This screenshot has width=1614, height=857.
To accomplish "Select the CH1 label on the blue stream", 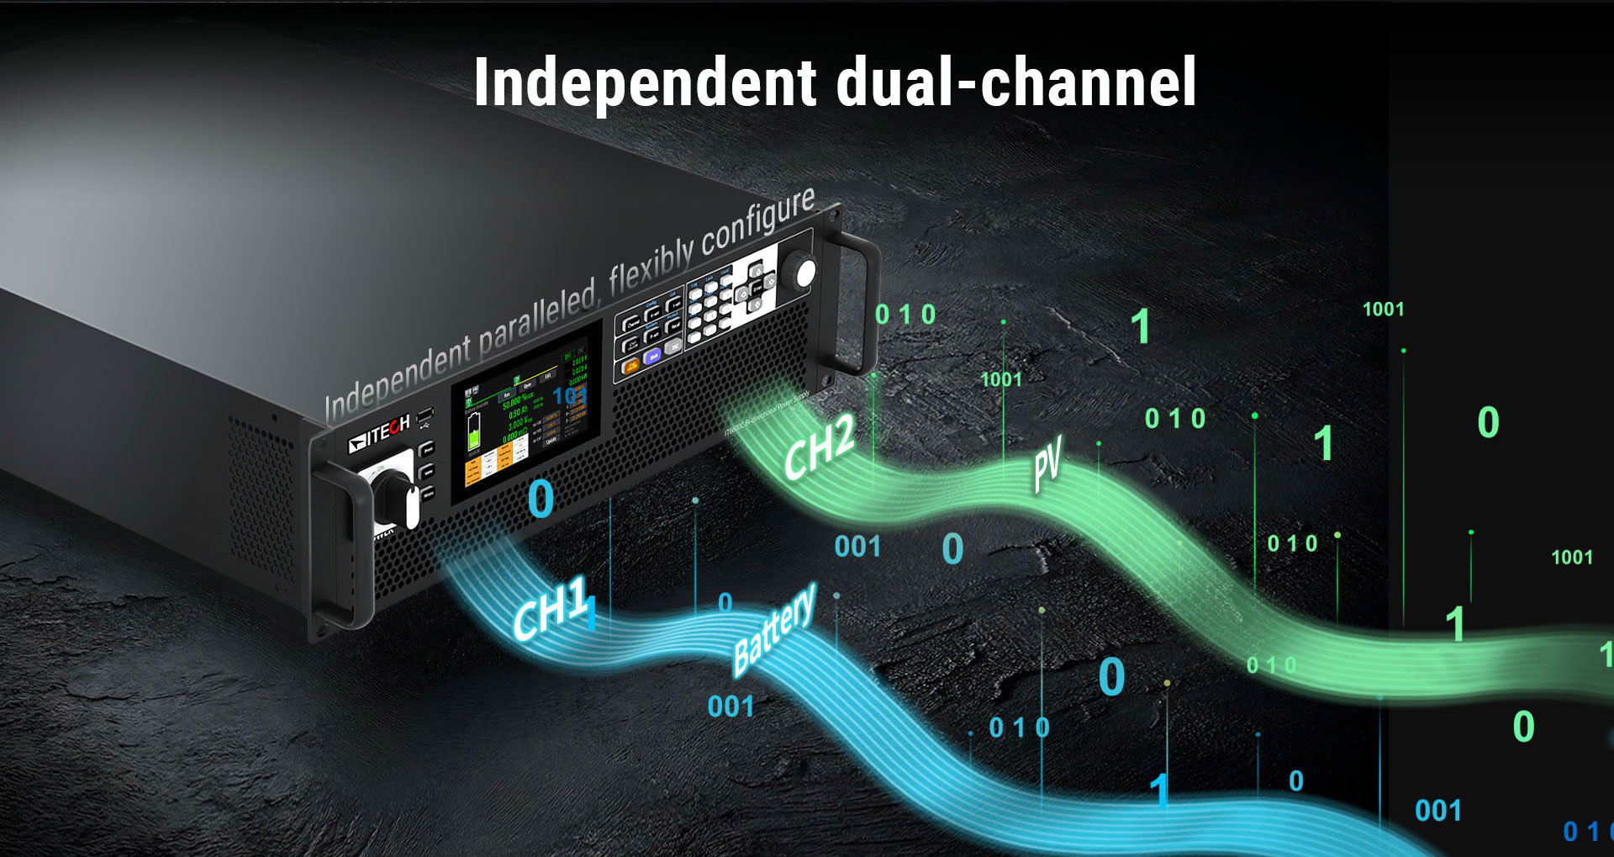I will pyautogui.click(x=551, y=610).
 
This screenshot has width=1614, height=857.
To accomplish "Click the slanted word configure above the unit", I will pyautogui.click(x=757, y=222).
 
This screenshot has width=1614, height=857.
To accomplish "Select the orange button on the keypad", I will pyautogui.click(x=630, y=367).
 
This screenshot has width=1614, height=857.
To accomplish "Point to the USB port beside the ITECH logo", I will pyautogui.click(x=425, y=415).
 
